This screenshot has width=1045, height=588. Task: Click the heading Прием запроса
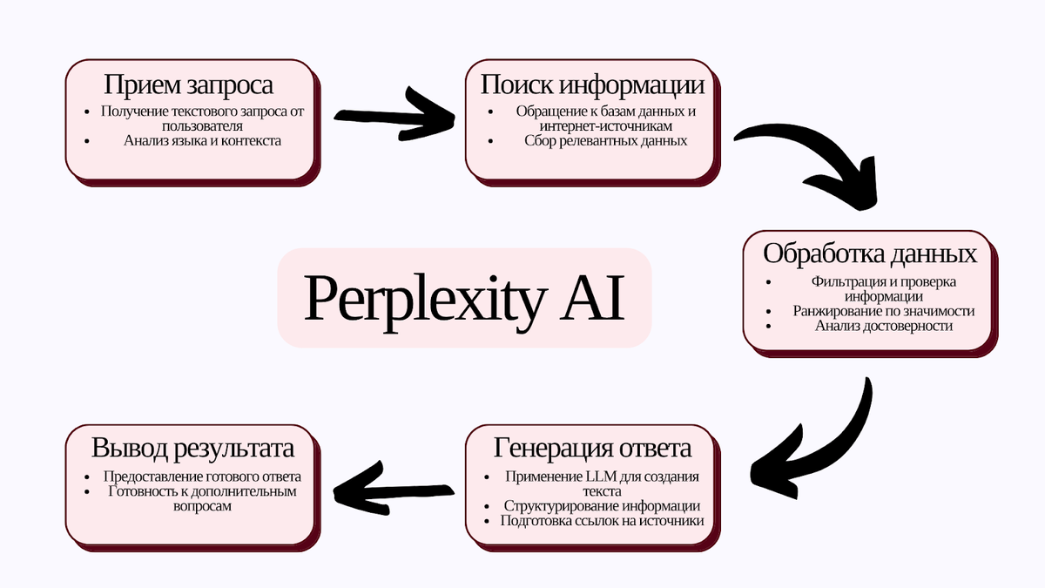(189, 84)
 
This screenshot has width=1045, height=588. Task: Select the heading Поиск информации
(592, 84)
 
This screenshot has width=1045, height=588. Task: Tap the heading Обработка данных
(870, 253)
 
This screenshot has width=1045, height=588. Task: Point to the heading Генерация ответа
(592, 448)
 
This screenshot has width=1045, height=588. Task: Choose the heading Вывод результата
(192, 448)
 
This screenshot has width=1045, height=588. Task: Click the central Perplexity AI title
(464, 298)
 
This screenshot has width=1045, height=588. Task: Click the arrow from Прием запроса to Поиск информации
(396, 118)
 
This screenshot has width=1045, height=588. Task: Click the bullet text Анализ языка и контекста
(202, 140)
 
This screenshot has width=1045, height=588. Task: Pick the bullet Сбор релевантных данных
(606, 140)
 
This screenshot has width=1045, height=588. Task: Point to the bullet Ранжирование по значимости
(883, 311)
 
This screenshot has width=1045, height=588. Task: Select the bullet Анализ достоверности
(883, 326)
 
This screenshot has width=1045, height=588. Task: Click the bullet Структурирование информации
(602, 505)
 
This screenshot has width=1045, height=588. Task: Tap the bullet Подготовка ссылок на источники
(602, 521)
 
